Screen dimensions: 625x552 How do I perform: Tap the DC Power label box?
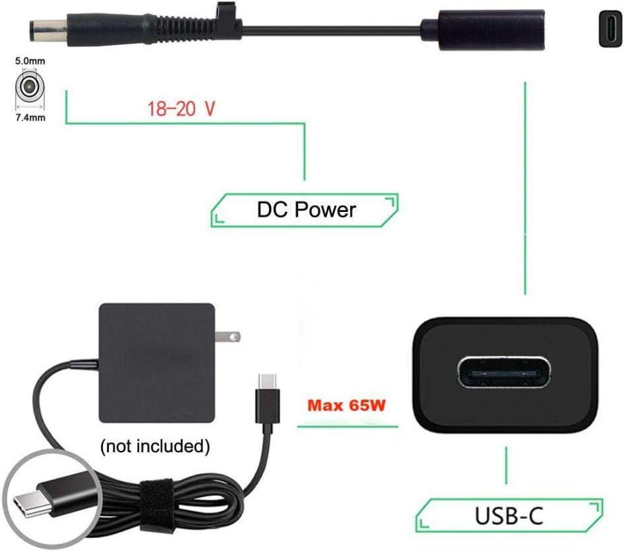[305, 210]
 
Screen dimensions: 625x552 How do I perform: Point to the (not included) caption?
[155, 446]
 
